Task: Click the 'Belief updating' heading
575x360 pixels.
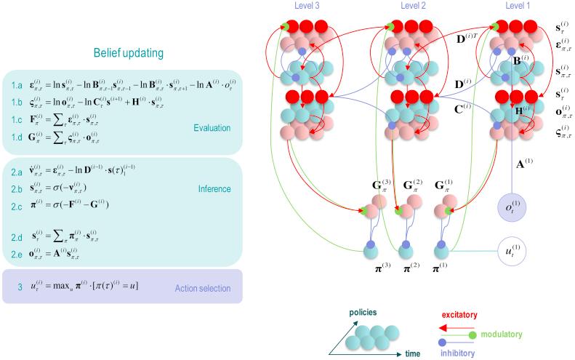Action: [128, 52]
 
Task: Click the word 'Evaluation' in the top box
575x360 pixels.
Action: [212, 128]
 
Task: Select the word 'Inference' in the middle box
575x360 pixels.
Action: [215, 188]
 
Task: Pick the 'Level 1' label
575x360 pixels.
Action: [517, 6]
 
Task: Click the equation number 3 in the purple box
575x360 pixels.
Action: [20, 287]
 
